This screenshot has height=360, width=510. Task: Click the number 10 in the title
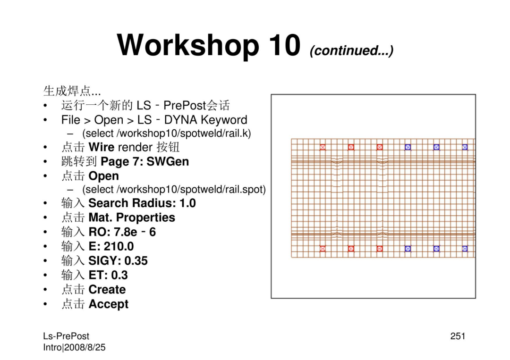[285, 45]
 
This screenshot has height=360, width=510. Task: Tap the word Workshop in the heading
[188, 46]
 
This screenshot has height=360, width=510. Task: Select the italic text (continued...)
[352, 50]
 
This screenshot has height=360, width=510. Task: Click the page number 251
[458, 336]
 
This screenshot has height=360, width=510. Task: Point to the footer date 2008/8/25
[85, 347]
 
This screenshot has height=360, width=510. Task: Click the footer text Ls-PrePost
[66, 336]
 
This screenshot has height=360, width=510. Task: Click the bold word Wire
[101, 147]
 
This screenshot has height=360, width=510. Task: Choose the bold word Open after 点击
[103, 176]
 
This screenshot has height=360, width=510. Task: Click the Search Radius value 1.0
[187, 203]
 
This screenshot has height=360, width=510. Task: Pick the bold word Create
[107, 289]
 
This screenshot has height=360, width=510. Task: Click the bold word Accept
[108, 304]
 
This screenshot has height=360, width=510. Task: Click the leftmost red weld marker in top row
[323, 147]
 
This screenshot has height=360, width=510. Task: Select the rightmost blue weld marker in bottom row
[465, 249]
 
